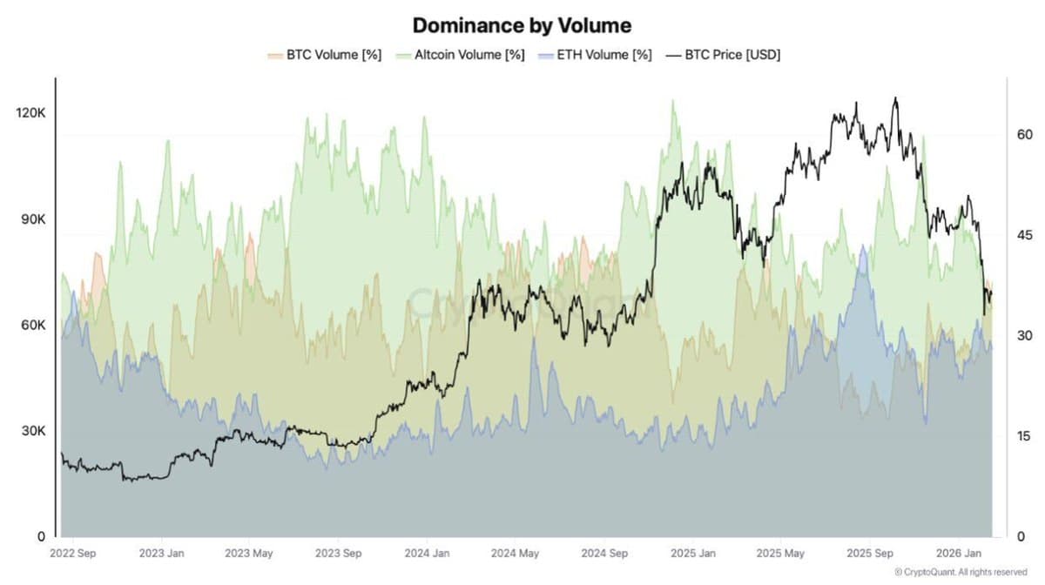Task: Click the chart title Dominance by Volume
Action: (x=522, y=24)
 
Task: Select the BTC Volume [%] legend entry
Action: (x=324, y=55)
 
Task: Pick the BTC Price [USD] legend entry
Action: (x=722, y=55)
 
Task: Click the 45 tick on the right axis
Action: (x=1024, y=235)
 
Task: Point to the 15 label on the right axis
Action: (x=1024, y=436)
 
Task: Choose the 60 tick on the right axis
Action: (x=1024, y=135)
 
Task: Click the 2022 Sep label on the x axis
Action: (x=73, y=553)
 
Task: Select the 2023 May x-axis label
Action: (x=250, y=553)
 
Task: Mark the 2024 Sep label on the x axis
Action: (x=604, y=553)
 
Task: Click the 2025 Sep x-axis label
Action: (x=870, y=553)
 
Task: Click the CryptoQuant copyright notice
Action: (x=961, y=572)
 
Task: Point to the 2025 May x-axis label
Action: (x=780, y=553)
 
